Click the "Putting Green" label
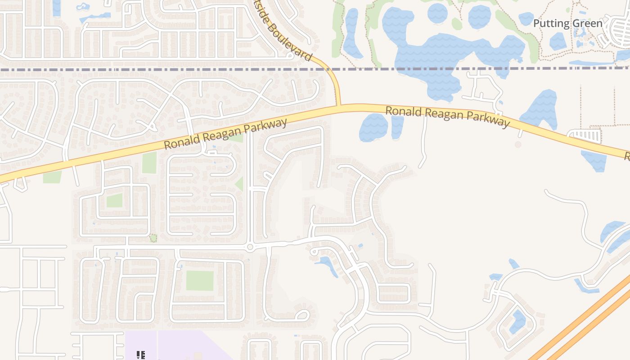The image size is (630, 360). tap(567, 23)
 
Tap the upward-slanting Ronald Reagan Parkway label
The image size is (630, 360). tap(225, 134)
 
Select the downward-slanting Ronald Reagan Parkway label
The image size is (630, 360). tap(448, 117)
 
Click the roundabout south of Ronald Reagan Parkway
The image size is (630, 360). tap(250, 247)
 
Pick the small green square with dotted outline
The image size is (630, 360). tap(153, 238)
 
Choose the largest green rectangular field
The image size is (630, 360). tap(200, 280)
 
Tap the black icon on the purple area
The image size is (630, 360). tap(140, 355)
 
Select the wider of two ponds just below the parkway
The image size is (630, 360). tap(373, 127)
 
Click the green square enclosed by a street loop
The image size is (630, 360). tap(114, 200)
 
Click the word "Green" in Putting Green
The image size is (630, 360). tap(587, 23)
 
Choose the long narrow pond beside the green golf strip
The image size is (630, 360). tap(351, 34)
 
